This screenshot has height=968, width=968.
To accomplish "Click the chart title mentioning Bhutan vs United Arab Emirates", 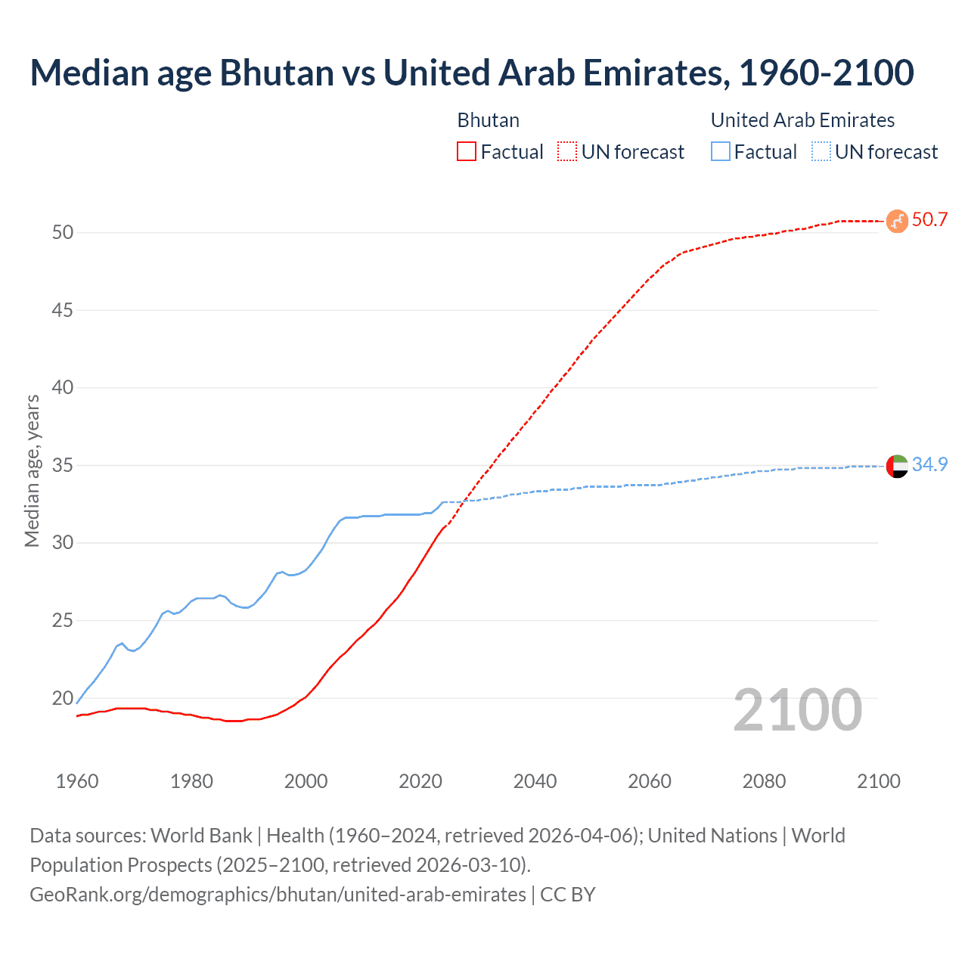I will [472, 73].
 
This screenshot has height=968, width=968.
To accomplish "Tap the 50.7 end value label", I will [929, 220].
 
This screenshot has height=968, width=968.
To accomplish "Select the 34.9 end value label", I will [929, 464].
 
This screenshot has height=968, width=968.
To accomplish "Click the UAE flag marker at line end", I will [897, 466].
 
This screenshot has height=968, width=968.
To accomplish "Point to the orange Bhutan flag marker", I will [897, 221].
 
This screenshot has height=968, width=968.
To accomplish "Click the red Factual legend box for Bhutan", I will [467, 152].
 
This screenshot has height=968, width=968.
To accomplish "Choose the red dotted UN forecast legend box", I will [567, 152].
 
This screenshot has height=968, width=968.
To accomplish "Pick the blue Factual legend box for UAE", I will [721, 152].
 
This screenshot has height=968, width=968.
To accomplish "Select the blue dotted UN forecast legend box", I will [821, 152].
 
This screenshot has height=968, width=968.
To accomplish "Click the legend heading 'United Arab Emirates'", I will [802, 120].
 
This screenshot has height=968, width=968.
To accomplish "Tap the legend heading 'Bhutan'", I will [489, 120].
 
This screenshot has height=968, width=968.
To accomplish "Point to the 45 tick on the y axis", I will [63, 310].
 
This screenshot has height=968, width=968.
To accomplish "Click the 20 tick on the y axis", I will [63, 698].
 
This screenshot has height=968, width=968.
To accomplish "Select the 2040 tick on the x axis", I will [535, 781].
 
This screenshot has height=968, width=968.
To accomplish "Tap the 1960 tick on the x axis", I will [77, 781].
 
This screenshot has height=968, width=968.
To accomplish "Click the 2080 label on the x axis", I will [764, 781].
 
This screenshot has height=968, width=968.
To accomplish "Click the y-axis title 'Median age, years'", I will [32, 470].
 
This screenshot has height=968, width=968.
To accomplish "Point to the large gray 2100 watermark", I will [797, 710].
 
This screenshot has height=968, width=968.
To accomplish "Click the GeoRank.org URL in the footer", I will [278, 895].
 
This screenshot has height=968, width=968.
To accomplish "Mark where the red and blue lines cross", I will [464, 501].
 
